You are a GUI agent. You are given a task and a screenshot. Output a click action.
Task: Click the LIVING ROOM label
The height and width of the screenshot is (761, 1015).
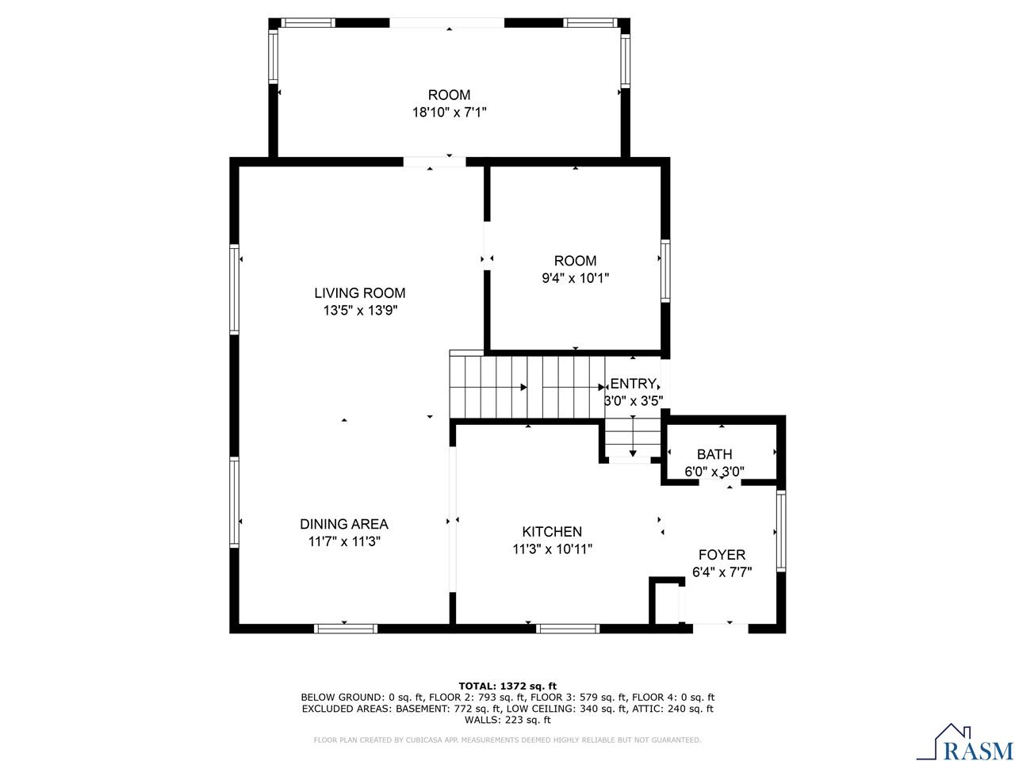pos(359,293)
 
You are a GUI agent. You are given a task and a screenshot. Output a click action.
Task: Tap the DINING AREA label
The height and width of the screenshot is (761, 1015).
pos(343,524)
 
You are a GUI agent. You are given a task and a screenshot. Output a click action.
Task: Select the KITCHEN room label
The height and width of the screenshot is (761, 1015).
pos(552,532)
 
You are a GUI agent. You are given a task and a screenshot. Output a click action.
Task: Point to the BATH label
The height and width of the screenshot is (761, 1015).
pos(714,454)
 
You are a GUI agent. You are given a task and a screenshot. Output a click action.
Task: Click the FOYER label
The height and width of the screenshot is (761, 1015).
pos(722,555)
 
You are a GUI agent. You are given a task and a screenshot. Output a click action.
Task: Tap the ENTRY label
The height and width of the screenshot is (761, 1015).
pos(633,384)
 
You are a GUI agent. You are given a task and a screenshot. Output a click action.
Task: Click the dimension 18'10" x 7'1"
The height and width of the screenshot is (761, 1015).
pos(449,113)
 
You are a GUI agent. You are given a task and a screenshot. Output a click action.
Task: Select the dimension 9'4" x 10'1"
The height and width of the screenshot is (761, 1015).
pos(575,278)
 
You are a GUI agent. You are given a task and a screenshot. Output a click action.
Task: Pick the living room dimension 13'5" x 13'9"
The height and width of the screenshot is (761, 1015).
pos(359,311)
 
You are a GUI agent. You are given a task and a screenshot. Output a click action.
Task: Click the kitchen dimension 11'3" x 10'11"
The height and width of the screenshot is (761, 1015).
pos(552,549)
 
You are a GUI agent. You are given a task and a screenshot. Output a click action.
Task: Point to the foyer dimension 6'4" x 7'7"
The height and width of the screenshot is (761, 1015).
pos(722,571)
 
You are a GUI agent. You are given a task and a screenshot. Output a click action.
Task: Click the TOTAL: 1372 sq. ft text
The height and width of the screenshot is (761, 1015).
pos(507,686)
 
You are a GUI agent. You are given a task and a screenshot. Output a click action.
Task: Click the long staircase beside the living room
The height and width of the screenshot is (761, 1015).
pos(527,387)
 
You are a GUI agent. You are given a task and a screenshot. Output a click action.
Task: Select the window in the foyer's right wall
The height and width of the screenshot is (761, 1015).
pos(780,531)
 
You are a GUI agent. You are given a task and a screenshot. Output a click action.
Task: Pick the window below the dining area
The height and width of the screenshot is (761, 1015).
pos(345,629)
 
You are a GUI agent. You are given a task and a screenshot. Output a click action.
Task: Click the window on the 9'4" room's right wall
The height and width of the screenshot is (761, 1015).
pos(665,271)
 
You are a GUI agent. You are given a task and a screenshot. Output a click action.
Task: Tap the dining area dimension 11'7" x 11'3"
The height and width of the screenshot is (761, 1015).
pos(343,541)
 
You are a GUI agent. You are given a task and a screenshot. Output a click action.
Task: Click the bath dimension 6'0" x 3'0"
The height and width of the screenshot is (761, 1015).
pos(714,472)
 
